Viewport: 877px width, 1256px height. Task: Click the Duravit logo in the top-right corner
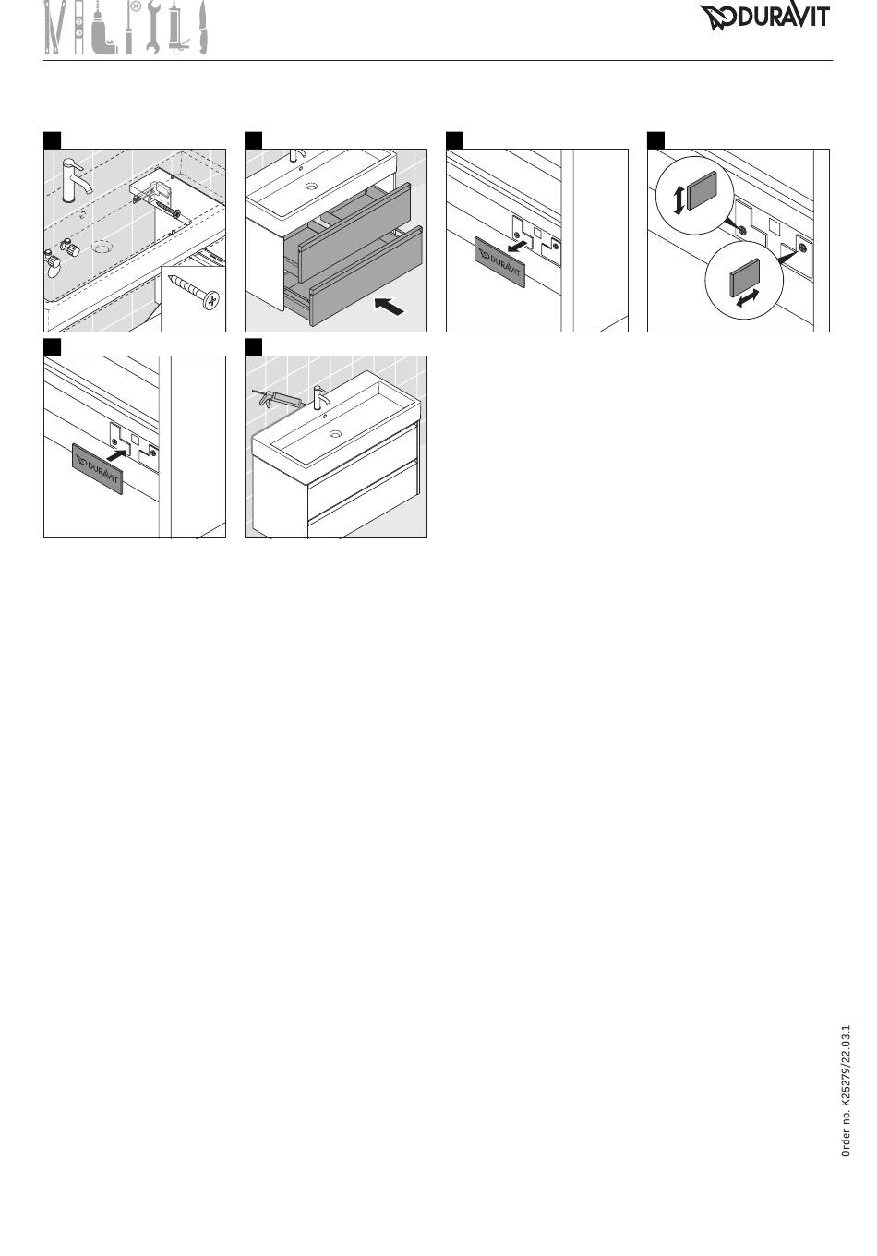pos(764,18)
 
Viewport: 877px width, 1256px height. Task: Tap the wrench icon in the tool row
pos(153,28)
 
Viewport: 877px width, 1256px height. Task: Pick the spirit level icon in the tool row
pos(79,28)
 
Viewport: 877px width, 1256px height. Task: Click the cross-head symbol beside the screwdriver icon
pos(135,7)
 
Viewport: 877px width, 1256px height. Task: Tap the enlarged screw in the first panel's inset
pos(194,291)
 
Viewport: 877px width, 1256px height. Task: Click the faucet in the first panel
pos(76,179)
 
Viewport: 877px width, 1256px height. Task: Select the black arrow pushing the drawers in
pos(390,307)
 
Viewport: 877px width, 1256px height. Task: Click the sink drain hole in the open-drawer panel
pos(312,186)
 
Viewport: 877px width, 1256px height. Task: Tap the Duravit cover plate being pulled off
pos(499,262)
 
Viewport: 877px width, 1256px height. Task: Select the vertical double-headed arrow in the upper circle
pos(679,200)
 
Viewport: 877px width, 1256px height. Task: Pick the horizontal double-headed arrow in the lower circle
pos(747,297)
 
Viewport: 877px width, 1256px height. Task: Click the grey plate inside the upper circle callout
pos(702,190)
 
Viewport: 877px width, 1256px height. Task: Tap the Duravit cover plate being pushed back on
pos(98,469)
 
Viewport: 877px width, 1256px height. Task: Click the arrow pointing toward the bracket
pos(115,455)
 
